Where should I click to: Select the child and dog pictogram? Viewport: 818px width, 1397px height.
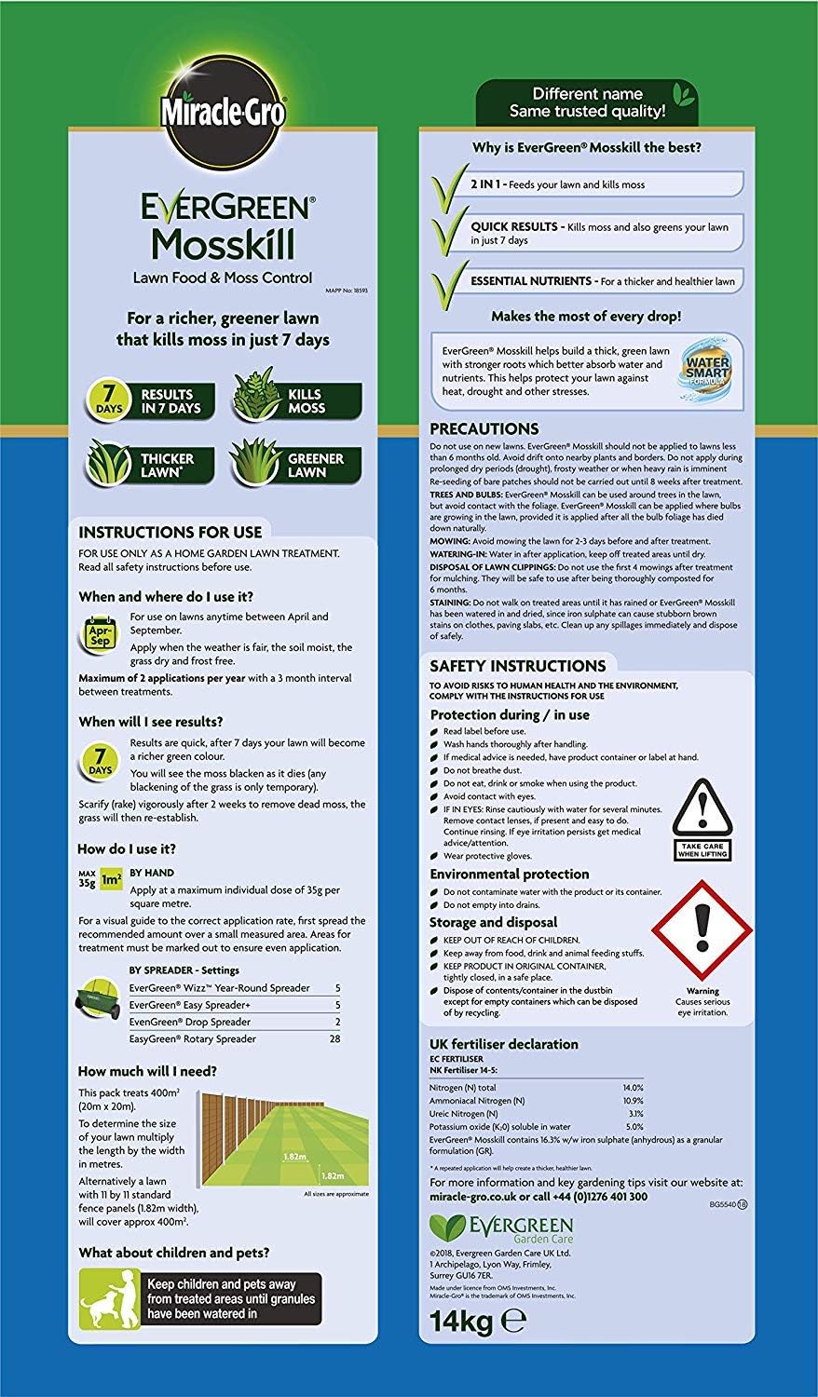tap(107, 1297)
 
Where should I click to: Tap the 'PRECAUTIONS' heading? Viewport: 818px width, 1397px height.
tap(484, 429)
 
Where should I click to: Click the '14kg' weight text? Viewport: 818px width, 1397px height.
tap(460, 1321)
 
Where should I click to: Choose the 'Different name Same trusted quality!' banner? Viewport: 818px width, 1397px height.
tap(587, 102)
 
